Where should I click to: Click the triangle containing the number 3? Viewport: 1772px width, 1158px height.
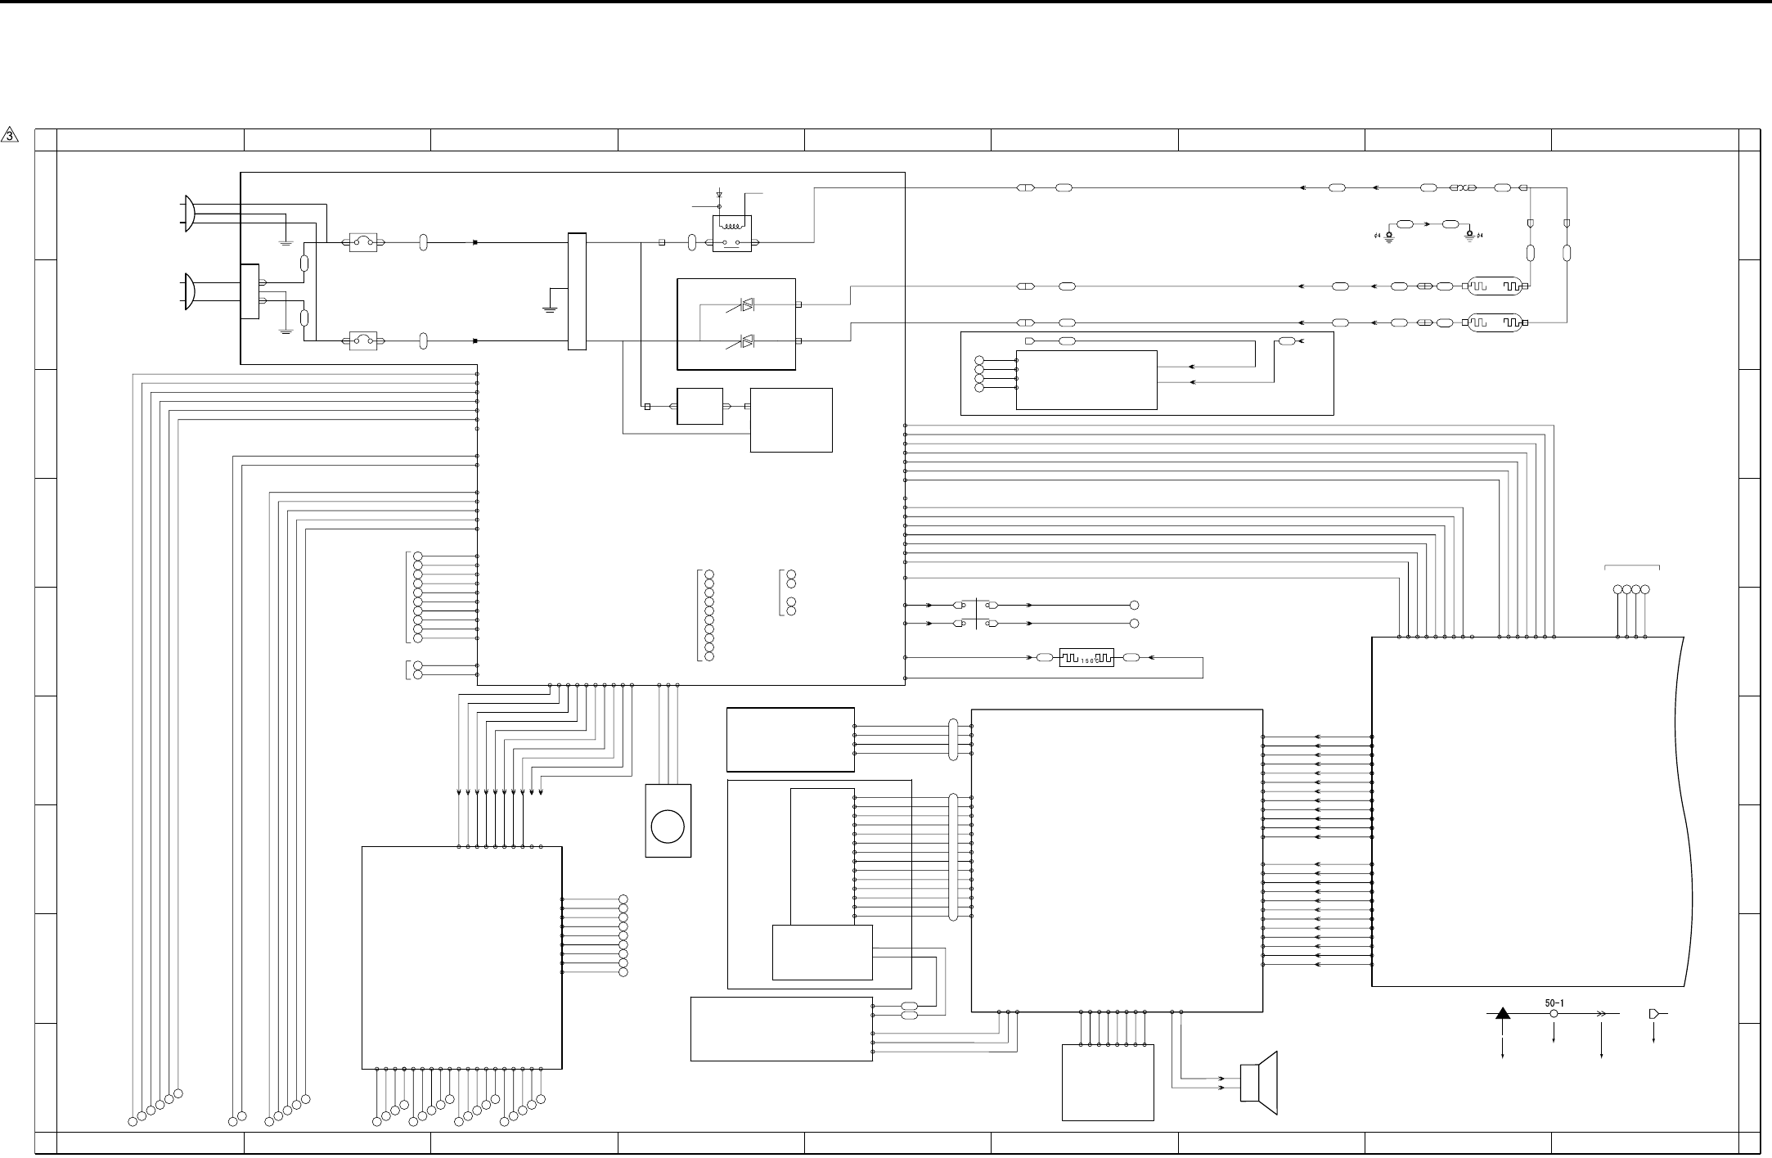(x=10, y=135)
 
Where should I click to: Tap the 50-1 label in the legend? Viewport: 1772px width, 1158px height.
(x=1554, y=1003)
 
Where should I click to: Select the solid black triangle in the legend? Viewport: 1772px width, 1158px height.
(x=1503, y=1014)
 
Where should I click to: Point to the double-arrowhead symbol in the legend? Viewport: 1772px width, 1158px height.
(x=1601, y=1014)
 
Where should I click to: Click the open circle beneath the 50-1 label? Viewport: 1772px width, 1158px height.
(x=1554, y=1014)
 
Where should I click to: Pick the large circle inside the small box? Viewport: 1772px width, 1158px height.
(x=668, y=827)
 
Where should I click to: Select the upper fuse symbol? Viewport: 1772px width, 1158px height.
(x=362, y=242)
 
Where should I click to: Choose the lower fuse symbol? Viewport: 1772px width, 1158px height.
(x=362, y=340)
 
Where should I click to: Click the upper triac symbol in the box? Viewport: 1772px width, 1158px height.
(x=745, y=304)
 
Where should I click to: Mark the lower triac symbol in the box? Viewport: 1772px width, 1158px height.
(x=745, y=340)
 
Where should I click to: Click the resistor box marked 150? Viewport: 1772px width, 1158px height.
(x=1086, y=658)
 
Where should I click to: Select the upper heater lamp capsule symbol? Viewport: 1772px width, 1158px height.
(x=1495, y=286)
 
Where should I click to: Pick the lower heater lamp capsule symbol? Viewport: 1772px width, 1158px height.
(x=1495, y=322)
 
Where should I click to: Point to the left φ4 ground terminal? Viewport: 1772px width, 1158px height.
(x=1389, y=235)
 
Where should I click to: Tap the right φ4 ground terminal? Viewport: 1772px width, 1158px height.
(x=1470, y=235)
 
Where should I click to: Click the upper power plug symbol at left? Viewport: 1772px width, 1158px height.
(x=190, y=214)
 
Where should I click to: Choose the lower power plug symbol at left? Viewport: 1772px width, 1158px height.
(x=190, y=291)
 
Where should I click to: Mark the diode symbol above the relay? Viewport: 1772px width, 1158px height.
(x=719, y=195)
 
